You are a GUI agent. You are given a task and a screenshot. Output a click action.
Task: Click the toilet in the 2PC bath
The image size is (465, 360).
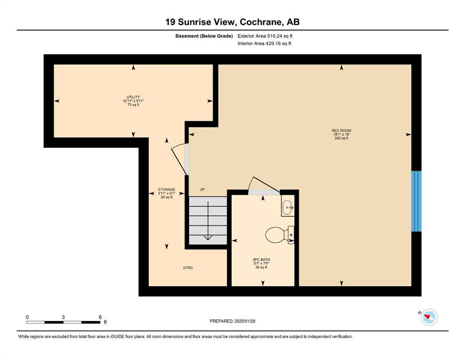(x=280, y=235)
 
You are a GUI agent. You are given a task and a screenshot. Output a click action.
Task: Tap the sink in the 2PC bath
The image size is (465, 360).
(x=288, y=207)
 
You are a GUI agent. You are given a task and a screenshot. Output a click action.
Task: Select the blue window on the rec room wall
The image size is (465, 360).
(x=416, y=201)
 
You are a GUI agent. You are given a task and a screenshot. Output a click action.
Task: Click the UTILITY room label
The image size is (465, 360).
(x=133, y=97)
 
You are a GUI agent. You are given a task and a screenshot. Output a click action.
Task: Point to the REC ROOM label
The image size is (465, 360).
(x=341, y=131)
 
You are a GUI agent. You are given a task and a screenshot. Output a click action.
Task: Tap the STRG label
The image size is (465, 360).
(x=188, y=268)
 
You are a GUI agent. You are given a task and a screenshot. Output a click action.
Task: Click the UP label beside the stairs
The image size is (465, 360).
(x=202, y=189)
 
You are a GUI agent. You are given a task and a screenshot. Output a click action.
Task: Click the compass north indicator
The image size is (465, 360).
(x=428, y=317)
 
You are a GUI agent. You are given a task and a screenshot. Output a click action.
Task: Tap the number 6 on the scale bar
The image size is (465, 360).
(x=100, y=317)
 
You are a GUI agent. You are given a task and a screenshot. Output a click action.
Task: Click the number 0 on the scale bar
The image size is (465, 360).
(x=27, y=317)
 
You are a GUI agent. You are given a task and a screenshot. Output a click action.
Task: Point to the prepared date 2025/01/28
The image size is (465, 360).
(x=244, y=321)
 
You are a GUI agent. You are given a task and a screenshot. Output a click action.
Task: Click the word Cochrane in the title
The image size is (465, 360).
(x=260, y=22)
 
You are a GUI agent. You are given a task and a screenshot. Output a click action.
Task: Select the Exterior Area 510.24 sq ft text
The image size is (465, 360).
(x=265, y=36)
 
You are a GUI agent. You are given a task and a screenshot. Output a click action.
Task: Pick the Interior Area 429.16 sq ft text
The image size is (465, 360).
(x=264, y=43)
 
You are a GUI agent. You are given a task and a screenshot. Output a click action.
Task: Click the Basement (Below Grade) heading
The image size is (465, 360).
(x=204, y=36)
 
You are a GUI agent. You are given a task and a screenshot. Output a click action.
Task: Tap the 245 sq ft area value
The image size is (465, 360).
(x=341, y=138)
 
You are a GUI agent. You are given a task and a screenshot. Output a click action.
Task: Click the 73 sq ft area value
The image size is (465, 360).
(x=133, y=105)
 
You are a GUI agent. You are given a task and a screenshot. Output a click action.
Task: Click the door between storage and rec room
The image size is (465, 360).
(x=180, y=159)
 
